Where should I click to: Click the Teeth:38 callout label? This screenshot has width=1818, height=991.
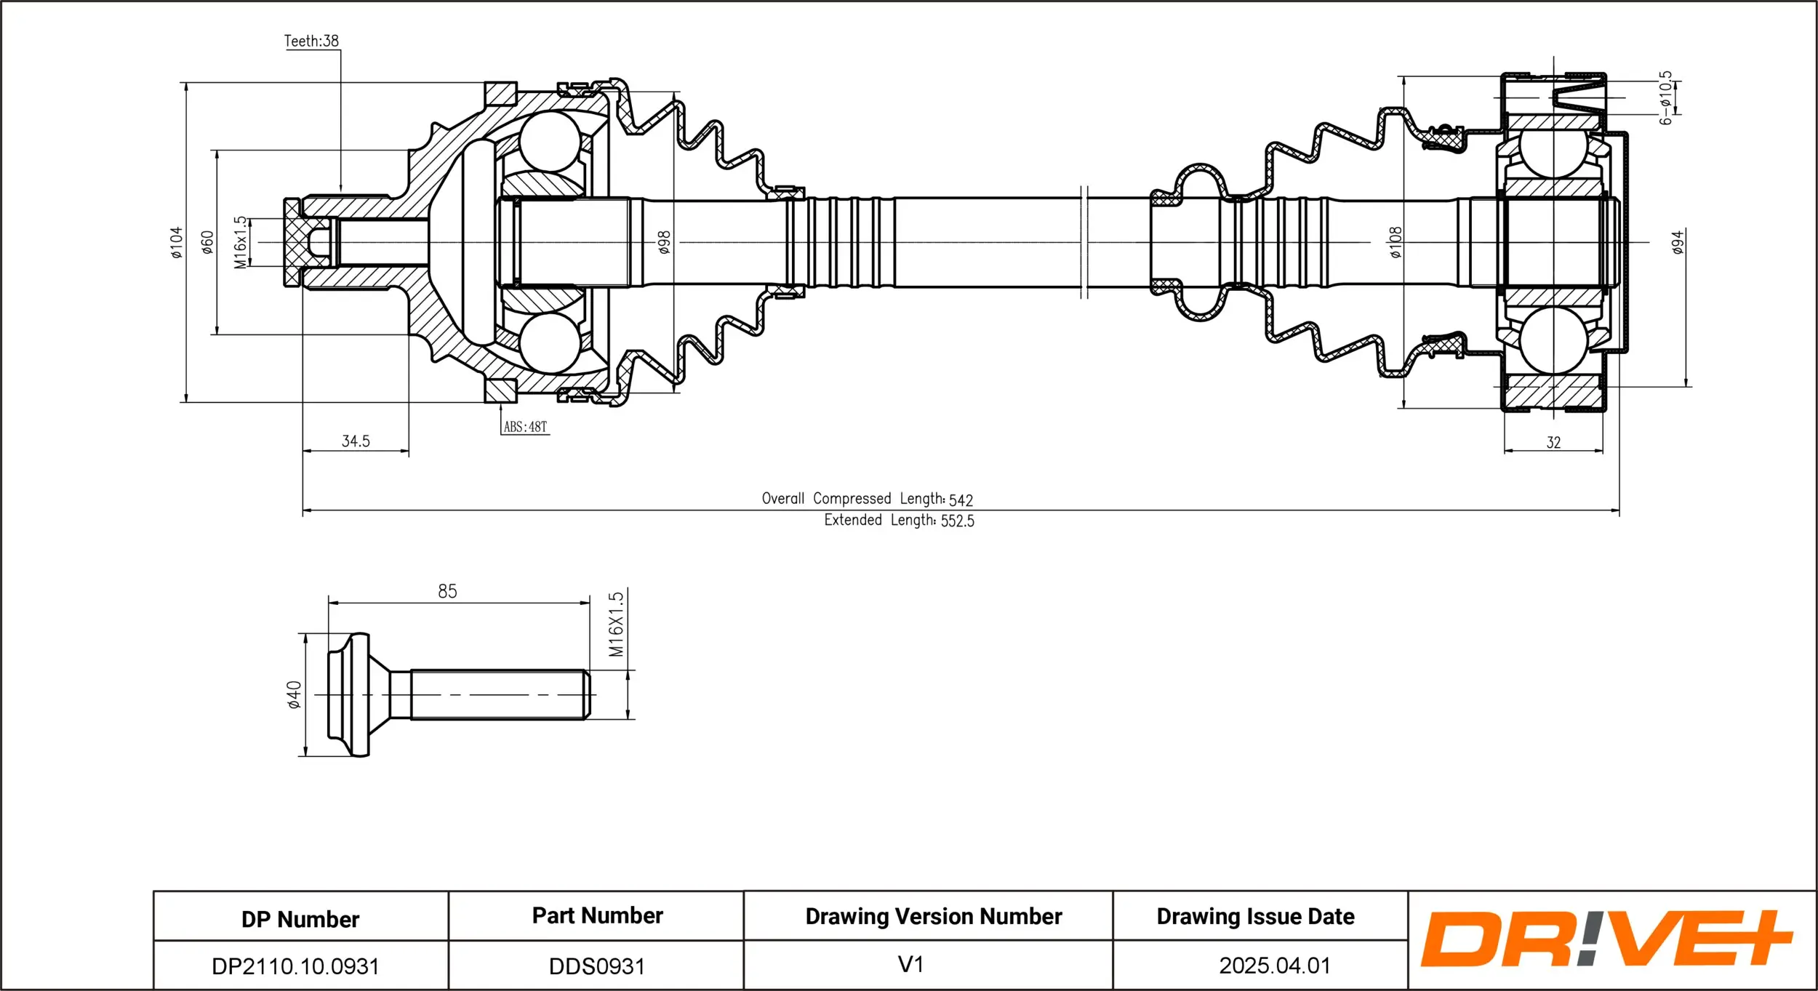click(311, 41)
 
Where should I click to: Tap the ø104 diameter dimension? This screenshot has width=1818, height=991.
click(177, 243)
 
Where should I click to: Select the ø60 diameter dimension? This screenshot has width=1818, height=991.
click(208, 242)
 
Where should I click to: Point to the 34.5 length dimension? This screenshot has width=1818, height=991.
click(356, 441)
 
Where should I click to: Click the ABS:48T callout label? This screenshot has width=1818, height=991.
click(525, 427)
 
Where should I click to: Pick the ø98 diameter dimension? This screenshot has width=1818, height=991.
click(664, 242)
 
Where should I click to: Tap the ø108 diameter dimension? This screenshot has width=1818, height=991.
click(1395, 242)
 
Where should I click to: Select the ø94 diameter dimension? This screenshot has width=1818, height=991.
click(1678, 242)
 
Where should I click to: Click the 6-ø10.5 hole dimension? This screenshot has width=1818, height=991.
click(1665, 98)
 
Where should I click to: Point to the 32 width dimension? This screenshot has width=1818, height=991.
click(1553, 442)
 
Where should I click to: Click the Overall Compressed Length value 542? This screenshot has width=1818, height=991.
click(961, 500)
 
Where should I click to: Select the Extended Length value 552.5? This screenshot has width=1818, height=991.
click(957, 521)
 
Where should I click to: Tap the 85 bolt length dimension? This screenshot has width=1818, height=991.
click(447, 591)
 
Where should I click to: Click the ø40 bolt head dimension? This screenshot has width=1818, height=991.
click(294, 694)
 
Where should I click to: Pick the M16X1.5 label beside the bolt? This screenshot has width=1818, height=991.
click(616, 624)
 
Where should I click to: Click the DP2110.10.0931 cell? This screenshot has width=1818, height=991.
click(295, 966)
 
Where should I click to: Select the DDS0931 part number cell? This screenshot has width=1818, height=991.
click(597, 966)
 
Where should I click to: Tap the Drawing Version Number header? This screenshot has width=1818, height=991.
click(934, 916)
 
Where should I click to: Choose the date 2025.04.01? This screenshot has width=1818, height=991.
click(1275, 966)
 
